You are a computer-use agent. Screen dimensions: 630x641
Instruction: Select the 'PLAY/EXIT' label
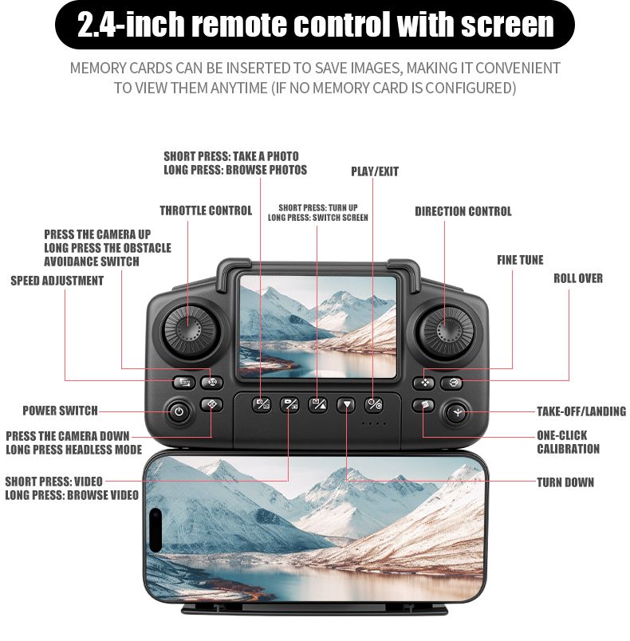click(375, 171)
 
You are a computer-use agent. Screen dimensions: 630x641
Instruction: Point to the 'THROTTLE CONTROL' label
click(206, 210)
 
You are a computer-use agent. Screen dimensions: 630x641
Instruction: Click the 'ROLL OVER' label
click(578, 278)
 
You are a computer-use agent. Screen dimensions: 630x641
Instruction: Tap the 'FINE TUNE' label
click(520, 260)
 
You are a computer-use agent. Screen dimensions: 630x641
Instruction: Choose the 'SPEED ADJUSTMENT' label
click(57, 281)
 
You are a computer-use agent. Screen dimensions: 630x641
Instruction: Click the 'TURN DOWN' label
click(565, 482)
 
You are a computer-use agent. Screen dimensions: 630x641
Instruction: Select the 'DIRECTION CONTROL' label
click(463, 211)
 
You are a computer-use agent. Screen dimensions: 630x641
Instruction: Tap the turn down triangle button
click(346, 405)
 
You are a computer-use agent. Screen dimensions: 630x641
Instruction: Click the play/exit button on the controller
click(374, 405)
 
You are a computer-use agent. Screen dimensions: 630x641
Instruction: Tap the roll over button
click(451, 383)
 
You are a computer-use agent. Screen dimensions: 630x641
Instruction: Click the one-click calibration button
click(423, 405)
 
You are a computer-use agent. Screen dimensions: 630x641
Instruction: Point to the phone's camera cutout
click(156, 530)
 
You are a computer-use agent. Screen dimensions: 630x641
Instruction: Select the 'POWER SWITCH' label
click(60, 411)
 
